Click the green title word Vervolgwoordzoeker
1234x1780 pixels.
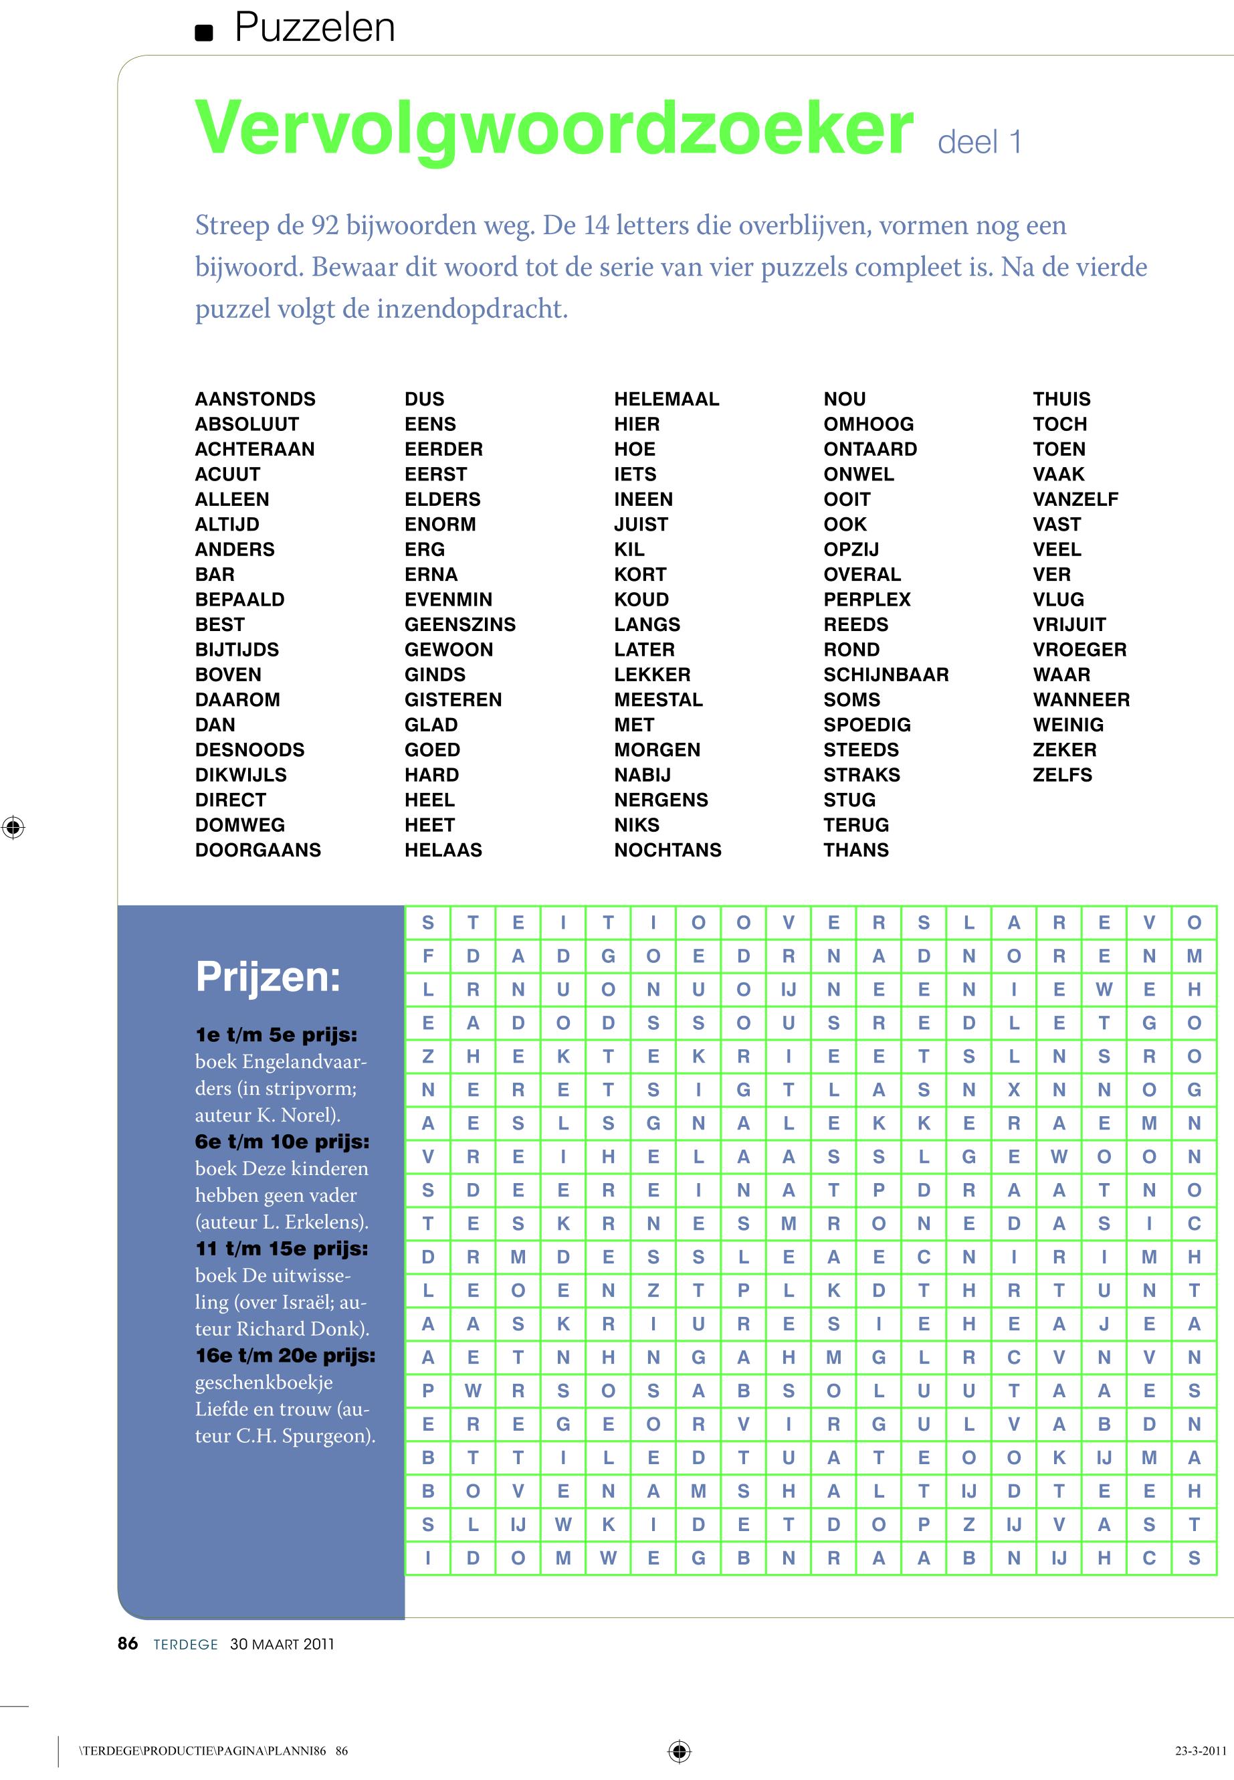coord(553,129)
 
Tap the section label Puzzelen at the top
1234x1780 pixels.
coord(314,28)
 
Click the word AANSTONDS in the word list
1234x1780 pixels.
coord(255,399)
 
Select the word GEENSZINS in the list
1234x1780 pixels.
coord(459,624)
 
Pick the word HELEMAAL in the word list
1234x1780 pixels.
coord(665,399)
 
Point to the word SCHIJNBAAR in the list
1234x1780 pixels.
coord(886,675)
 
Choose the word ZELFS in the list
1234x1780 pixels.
coord(1061,774)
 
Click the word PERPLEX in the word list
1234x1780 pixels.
coord(867,600)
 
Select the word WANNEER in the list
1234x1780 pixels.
coord(1081,699)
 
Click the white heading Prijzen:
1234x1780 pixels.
coord(268,976)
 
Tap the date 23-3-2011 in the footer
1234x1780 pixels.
coord(1200,1751)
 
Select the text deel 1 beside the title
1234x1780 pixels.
coord(979,143)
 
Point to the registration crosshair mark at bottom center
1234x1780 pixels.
coord(679,1751)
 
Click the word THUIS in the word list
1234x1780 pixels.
coord(1061,399)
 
